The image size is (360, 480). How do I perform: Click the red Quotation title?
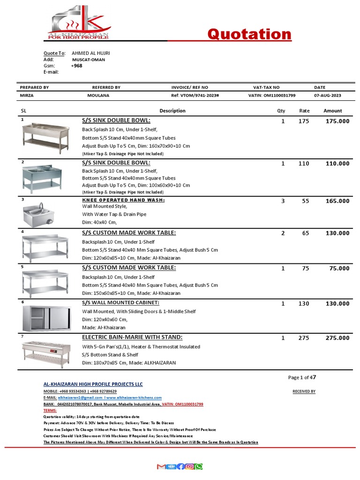pos(249,34)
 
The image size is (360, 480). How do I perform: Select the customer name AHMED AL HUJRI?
pos(90,53)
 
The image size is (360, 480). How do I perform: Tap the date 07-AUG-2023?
pos(328,96)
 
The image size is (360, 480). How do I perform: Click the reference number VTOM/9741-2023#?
pos(195,96)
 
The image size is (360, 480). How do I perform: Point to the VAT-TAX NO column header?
pos(266,88)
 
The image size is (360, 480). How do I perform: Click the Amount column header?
pos(332,111)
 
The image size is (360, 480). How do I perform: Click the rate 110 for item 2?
pos(304,164)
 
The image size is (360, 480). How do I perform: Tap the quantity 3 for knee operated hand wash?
pos(283,201)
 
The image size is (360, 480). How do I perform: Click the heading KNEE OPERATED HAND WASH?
pos(123,200)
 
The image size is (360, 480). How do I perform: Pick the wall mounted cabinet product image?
pos(45,319)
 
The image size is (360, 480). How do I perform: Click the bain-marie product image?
pos(45,353)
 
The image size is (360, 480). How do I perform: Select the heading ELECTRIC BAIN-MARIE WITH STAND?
pos(132,337)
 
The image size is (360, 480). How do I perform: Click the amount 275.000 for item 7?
pos(337,338)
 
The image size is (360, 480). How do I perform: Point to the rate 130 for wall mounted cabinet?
pos(304,304)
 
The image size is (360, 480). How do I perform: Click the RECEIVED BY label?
pos(304,391)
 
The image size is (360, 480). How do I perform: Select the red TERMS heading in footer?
pos(50,410)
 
